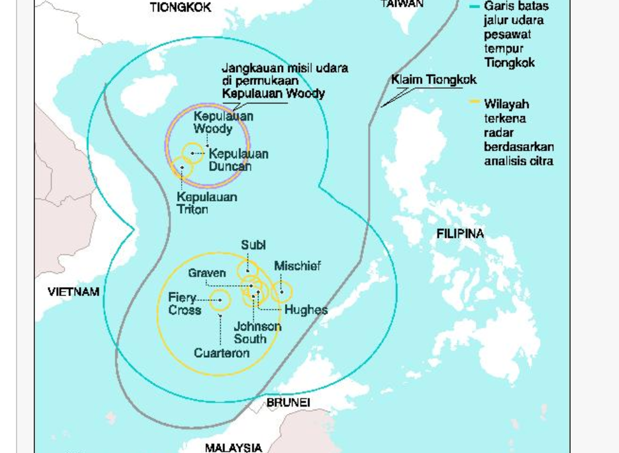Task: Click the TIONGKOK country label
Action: (180, 7)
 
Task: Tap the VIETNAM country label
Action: (73, 292)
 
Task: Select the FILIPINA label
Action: (460, 234)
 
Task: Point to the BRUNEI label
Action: (288, 403)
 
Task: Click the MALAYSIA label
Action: (233, 447)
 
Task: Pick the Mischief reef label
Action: (298, 266)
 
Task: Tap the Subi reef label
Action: (253, 245)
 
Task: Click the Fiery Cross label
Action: (185, 304)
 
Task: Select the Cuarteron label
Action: (222, 353)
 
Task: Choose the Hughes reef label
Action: (306, 310)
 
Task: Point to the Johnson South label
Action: (257, 332)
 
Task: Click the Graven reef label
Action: (207, 273)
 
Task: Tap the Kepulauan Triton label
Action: (207, 203)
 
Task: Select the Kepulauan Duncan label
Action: (238, 160)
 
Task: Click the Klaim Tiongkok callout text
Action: (433, 80)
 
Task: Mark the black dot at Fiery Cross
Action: (220, 299)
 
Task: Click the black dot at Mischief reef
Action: (282, 292)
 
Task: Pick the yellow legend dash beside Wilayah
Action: (474, 101)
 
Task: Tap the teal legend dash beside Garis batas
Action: (474, 6)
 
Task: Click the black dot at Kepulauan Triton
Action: (182, 168)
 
